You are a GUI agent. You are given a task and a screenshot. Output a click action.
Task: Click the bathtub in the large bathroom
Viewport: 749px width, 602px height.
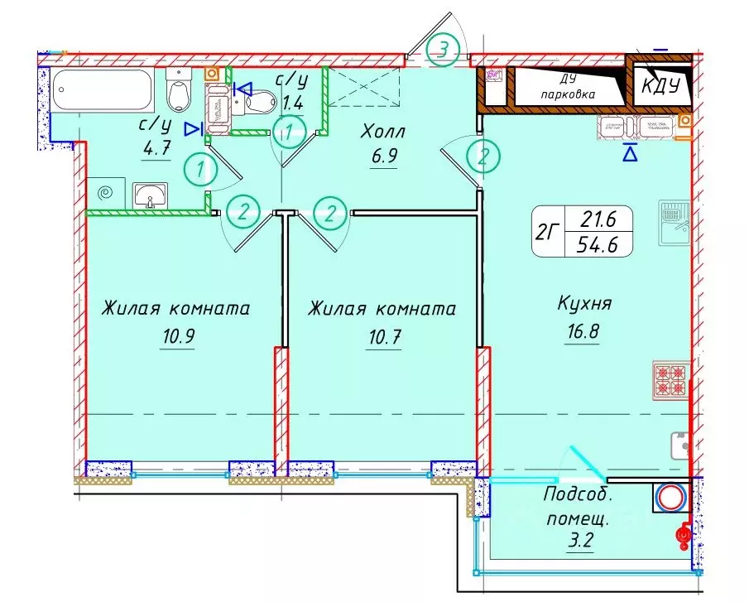click(103, 93)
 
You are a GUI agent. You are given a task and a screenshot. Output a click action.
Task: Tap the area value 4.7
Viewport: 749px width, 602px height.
click(155, 151)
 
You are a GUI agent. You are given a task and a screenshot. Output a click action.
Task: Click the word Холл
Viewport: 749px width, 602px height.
click(382, 130)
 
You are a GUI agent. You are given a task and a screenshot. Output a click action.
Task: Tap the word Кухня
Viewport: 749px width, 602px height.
click(584, 304)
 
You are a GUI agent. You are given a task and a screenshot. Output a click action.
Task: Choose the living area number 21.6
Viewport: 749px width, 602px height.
click(600, 219)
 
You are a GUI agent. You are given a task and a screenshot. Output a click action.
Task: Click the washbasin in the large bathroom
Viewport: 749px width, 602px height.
click(150, 195)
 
